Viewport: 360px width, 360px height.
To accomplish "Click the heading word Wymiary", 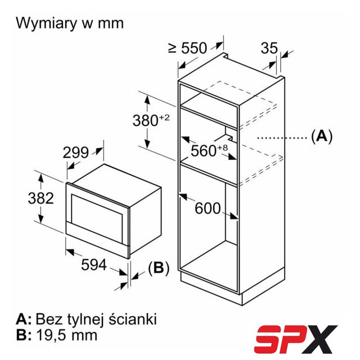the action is (x=47, y=24).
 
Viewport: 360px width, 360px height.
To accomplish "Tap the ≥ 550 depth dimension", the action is (x=187, y=48).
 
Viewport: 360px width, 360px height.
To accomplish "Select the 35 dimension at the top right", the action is (x=269, y=48).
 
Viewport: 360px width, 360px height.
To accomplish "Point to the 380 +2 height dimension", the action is (x=151, y=120).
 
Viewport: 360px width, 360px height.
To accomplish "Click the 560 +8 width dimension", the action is (x=209, y=150).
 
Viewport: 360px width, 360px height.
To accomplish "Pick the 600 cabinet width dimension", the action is (x=208, y=208).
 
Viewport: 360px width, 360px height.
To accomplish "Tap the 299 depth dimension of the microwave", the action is (x=75, y=152).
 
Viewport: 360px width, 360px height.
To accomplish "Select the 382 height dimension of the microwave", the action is (x=40, y=198).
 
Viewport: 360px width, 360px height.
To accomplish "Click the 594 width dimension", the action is (x=94, y=264).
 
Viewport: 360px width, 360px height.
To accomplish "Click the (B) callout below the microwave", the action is (x=159, y=268).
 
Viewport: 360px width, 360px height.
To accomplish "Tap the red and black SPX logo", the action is (x=295, y=339).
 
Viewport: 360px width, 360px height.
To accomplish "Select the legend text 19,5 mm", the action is (x=66, y=335).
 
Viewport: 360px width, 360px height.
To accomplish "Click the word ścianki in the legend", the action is (x=133, y=319).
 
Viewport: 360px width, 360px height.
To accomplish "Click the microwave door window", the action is (x=97, y=215).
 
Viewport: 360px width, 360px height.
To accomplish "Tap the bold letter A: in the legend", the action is (x=24, y=319).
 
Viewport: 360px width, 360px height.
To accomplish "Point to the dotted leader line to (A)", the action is (x=282, y=138).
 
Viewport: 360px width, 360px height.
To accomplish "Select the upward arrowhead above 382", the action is (x=41, y=178).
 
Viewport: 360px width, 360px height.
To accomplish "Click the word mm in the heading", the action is (x=111, y=24).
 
